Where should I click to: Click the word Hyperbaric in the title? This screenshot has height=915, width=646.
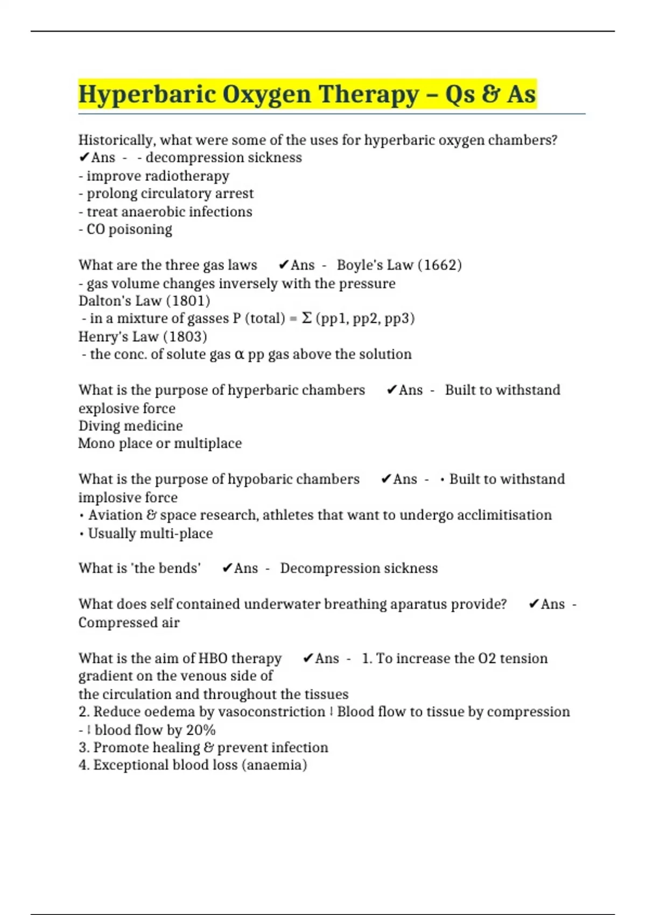[146, 94]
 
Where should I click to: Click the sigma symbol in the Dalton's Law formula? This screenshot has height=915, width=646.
[306, 318]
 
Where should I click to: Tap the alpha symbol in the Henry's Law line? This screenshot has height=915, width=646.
[240, 354]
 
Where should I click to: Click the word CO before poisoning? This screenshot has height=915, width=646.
[95, 229]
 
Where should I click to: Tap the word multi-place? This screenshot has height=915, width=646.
[177, 533]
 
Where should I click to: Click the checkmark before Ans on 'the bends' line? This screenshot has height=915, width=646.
[227, 568]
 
